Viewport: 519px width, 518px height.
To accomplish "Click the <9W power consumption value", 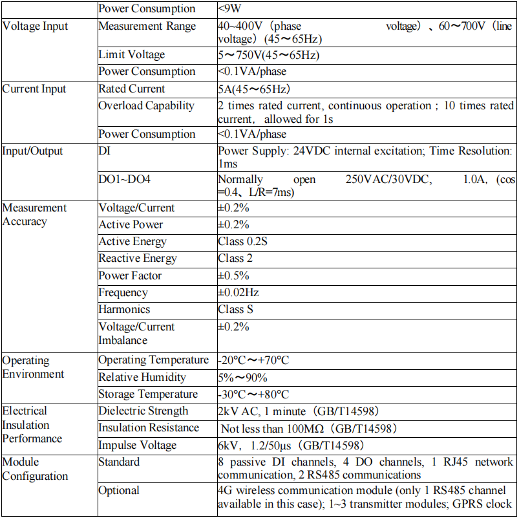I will (232, 9).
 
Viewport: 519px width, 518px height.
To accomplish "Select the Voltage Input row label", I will (35, 27).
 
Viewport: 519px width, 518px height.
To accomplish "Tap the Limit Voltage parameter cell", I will (132, 55).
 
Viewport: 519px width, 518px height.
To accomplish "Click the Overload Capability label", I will (146, 105).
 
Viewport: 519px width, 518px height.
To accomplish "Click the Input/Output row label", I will (33, 151).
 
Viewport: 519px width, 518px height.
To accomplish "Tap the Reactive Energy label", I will (138, 259).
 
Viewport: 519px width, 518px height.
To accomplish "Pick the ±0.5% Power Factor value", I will (233, 275).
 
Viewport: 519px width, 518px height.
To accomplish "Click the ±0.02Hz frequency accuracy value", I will (238, 292).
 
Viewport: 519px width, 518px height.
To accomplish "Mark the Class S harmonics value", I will (235, 309).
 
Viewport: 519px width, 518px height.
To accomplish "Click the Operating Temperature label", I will (154, 360).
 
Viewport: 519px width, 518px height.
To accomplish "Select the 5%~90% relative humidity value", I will (242, 378).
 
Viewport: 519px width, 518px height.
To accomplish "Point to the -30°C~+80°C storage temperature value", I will (253, 394).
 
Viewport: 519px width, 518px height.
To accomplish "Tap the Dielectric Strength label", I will (143, 411).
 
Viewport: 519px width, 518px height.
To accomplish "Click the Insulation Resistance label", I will (149, 428).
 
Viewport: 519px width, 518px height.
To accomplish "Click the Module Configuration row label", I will (35, 469).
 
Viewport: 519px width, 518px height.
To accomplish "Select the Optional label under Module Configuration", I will (119, 491).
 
